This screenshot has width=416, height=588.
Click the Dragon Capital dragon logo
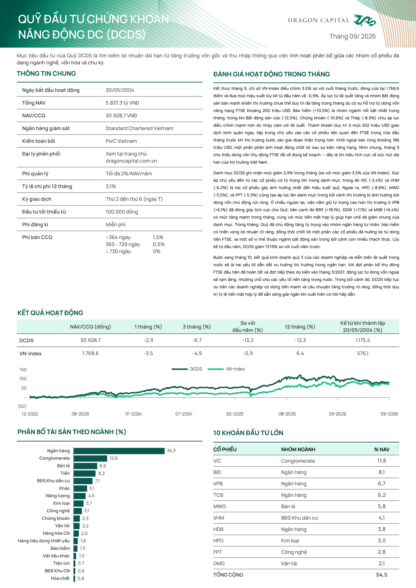[x=365, y=20]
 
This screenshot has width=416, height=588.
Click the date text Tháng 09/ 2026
[x=352, y=36]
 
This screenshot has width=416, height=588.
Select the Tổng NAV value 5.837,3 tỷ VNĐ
[x=122, y=103]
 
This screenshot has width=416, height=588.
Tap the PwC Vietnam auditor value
[x=121, y=141]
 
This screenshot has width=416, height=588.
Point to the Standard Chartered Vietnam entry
[x=139, y=128]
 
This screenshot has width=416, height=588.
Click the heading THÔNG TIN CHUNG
[x=46, y=74]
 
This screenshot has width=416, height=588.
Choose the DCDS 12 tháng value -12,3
[x=300, y=340]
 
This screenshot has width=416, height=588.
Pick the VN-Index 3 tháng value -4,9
[x=197, y=353]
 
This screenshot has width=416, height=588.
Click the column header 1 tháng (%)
[x=148, y=327]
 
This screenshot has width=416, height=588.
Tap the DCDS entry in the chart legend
[x=187, y=369]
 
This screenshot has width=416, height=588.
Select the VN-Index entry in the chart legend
[x=226, y=369]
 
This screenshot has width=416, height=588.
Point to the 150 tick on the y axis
[x=23, y=370]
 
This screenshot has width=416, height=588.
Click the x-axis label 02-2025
[x=235, y=414]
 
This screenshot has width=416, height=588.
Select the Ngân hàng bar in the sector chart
[x=119, y=451]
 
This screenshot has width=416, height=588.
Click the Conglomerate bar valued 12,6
[x=90, y=458]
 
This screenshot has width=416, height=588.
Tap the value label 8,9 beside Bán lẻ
[x=102, y=466]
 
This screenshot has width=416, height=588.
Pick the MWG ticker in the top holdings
[x=220, y=506]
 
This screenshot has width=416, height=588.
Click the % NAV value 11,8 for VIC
[x=381, y=461]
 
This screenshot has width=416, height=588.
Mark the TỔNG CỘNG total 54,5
[x=382, y=575]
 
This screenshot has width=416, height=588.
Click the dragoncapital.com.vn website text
[x=131, y=161]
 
